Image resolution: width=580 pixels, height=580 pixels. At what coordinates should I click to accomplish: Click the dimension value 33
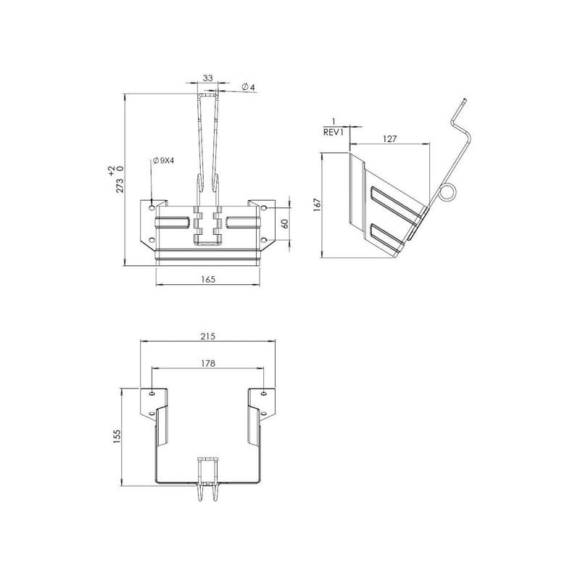tap(208, 78)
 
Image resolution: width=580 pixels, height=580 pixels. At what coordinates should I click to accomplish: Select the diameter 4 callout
tap(248, 87)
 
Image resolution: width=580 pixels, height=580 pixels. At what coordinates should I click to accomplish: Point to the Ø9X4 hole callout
tap(164, 161)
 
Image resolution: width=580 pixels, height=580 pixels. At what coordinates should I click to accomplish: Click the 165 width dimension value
tap(208, 279)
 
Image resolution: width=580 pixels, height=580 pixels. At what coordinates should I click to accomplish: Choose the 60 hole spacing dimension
tap(285, 223)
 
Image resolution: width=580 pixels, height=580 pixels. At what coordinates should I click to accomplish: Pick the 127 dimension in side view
tap(389, 138)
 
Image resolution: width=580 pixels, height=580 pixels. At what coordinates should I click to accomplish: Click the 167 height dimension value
tap(317, 204)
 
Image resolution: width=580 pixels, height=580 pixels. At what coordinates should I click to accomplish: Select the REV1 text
tap(333, 133)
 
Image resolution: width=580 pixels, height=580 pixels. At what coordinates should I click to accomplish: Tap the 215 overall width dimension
tap(208, 336)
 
